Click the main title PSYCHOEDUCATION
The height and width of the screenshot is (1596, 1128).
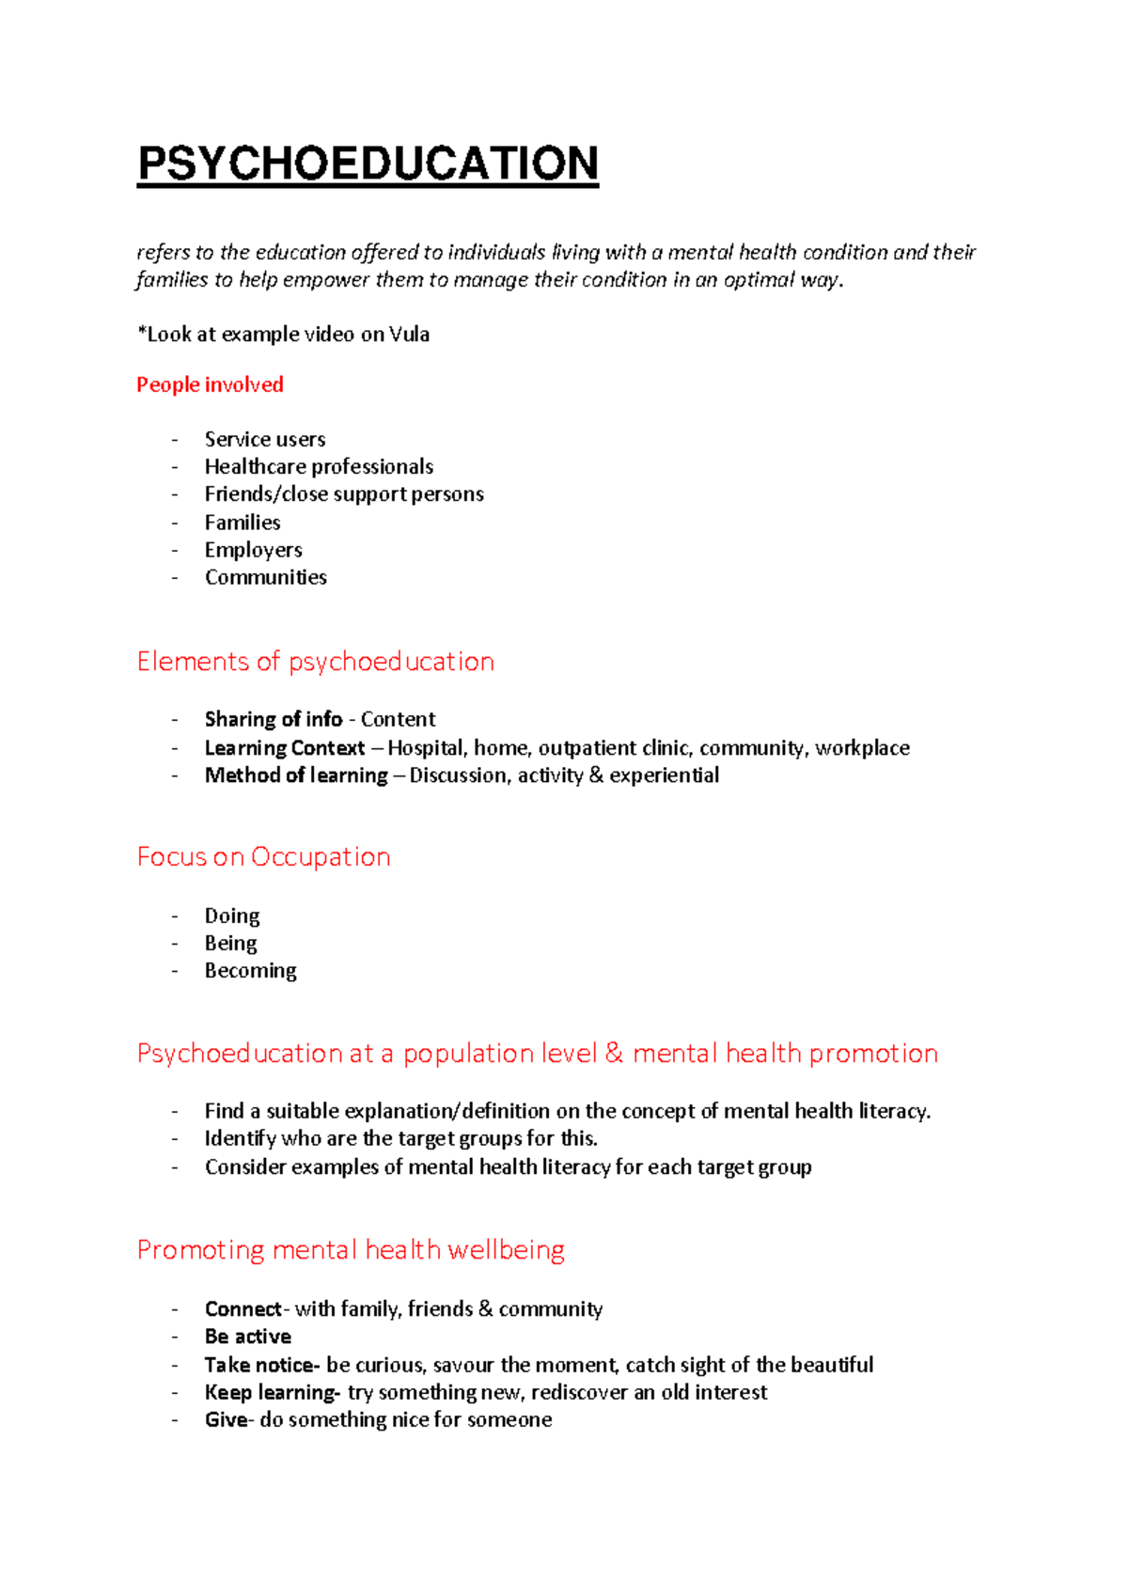tap(368, 164)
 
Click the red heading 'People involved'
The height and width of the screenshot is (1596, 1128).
tap(210, 384)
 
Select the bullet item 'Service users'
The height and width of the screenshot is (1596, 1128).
tap(265, 439)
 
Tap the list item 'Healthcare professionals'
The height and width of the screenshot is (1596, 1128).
tap(319, 466)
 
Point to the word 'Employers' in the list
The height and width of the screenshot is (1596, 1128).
tap(253, 549)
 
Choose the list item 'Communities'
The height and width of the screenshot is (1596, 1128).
tap(266, 577)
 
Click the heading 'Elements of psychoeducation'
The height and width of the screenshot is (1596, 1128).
tap(315, 662)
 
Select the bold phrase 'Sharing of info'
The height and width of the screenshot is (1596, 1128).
tap(273, 719)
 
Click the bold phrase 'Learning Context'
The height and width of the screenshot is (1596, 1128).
tap(284, 747)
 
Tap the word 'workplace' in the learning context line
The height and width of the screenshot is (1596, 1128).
tap(862, 747)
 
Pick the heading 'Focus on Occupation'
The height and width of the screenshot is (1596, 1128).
tap(263, 857)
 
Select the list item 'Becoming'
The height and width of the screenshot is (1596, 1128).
tap(250, 970)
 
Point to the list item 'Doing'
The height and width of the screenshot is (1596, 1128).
tap(231, 915)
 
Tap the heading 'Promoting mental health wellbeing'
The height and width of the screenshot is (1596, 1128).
tap(351, 1250)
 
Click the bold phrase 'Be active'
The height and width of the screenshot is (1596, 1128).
tap(247, 1337)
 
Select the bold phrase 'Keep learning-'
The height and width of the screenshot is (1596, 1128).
tap(272, 1392)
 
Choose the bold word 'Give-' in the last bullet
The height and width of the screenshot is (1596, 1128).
tap(227, 1419)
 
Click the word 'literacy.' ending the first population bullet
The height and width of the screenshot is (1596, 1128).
tap(894, 1111)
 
